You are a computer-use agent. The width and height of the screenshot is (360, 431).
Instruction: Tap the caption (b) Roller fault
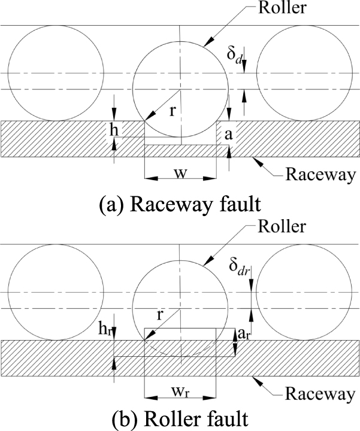180,418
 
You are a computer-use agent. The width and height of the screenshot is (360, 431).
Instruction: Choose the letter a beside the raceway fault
228,135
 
